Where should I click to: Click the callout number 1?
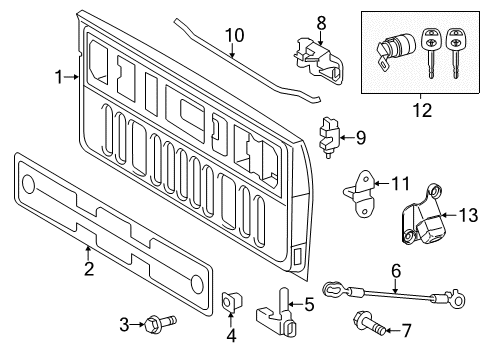tap(58, 76)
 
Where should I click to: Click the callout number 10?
tap(233, 35)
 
